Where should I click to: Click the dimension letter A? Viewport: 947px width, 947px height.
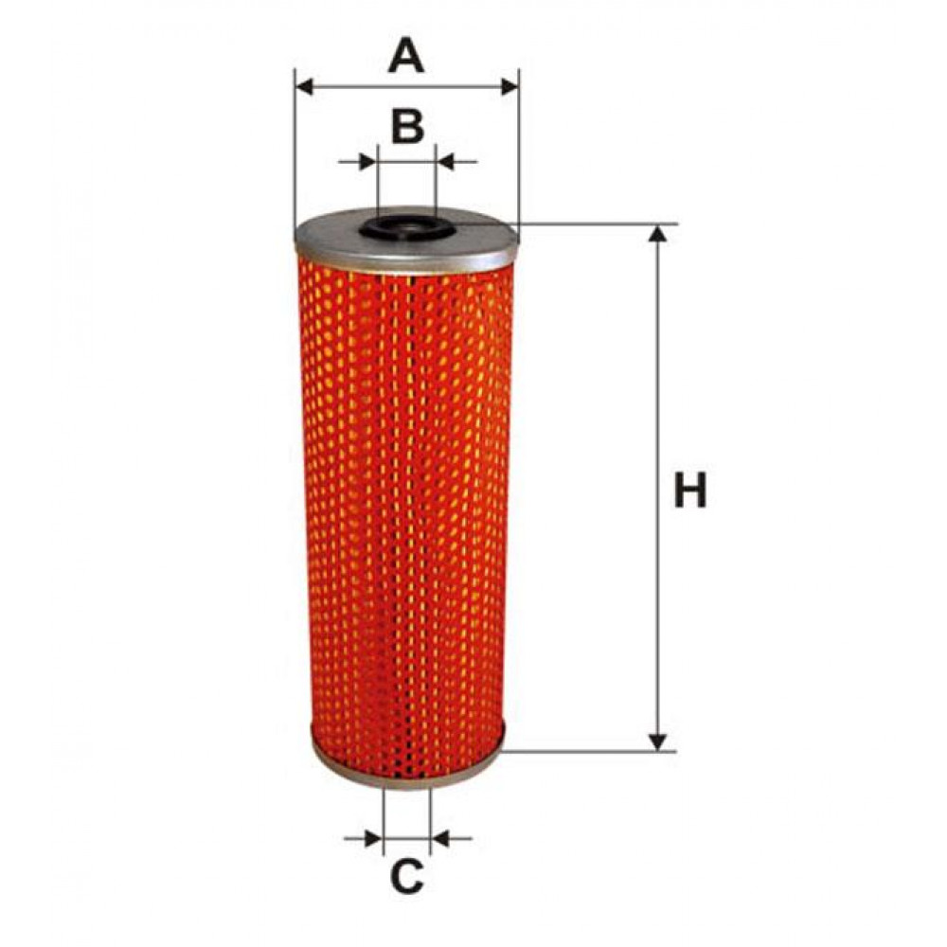(x=406, y=56)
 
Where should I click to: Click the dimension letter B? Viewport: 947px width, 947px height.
(x=407, y=126)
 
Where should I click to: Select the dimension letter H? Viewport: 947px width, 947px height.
(x=689, y=490)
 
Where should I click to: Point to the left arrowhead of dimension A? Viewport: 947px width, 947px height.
(x=304, y=86)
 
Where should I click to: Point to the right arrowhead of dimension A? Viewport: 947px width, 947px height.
(x=509, y=86)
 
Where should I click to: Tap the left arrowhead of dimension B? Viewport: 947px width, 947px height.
(x=367, y=162)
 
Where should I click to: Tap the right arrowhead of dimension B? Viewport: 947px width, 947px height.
(x=445, y=162)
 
